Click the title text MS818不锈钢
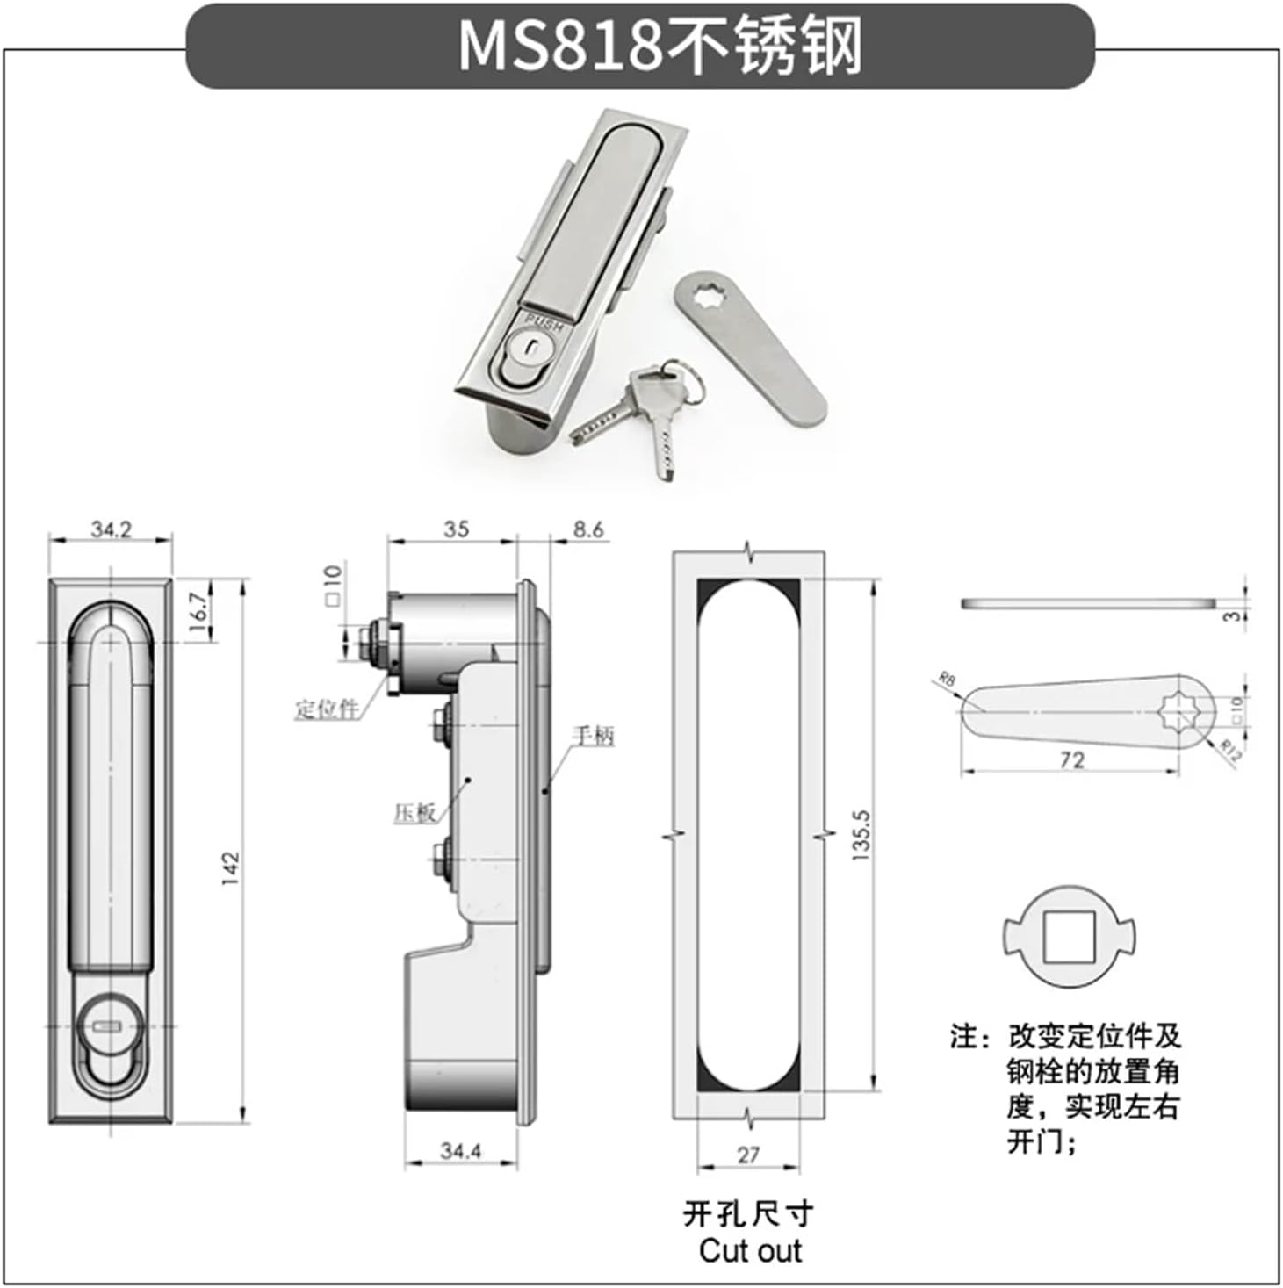(660, 45)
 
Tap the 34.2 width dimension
(112, 529)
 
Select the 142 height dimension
(231, 867)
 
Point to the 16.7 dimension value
(199, 608)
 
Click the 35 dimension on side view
(456, 529)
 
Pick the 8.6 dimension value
(587, 529)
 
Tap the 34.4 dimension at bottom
(460, 1150)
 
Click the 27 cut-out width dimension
(747, 1155)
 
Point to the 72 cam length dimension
(1071, 759)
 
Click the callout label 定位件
(328, 709)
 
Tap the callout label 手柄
(594, 736)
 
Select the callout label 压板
(414, 813)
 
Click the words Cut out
(750, 1250)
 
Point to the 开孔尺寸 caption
(748, 1214)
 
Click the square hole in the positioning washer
(1069, 937)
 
